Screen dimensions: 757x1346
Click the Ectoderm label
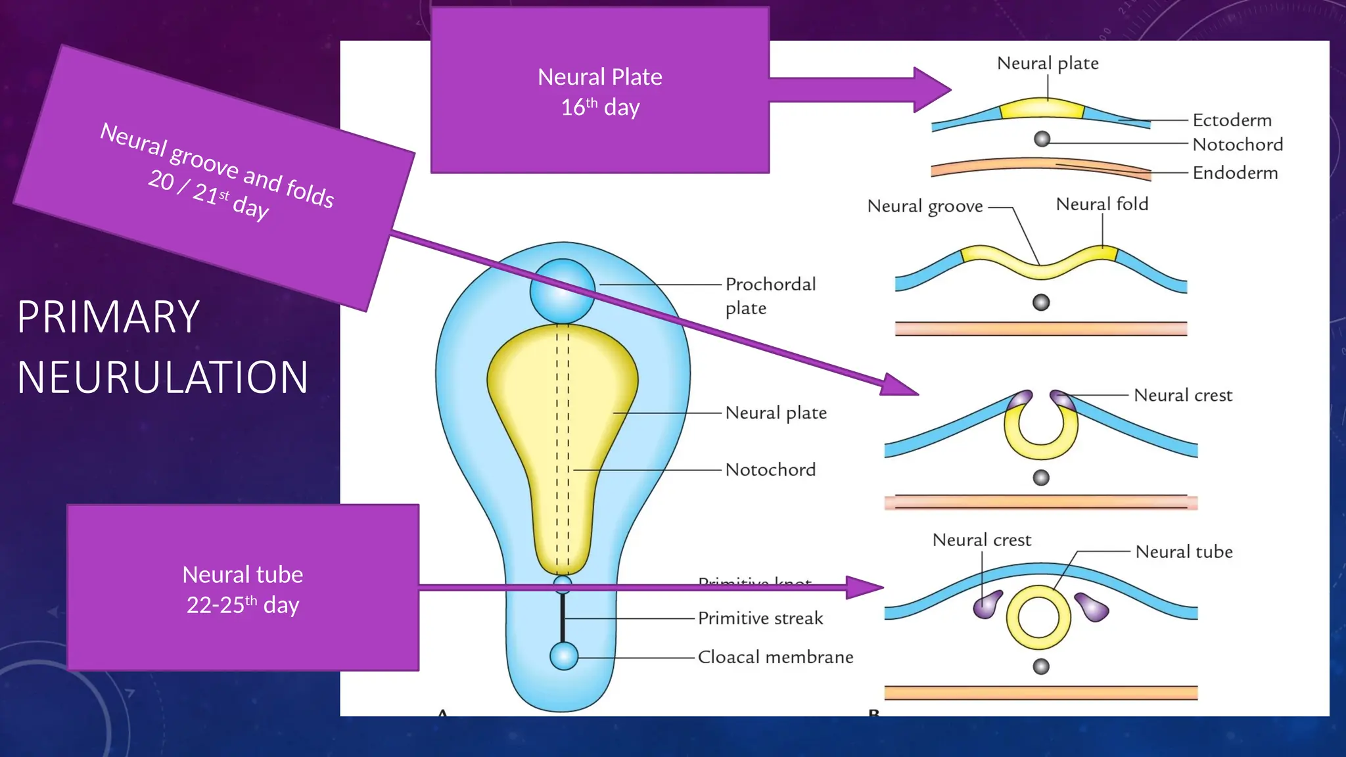coord(1232,120)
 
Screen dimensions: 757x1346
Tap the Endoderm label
coord(1235,173)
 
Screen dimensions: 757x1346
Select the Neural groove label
coord(924,206)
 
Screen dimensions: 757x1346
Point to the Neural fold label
coord(1102,204)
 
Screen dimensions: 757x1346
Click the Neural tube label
coord(1184,552)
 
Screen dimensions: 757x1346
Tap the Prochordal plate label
coord(770,296)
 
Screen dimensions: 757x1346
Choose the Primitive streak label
coord(760,618)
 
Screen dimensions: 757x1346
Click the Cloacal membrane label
coord(775,657)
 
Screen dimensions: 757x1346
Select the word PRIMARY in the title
coord(108,317)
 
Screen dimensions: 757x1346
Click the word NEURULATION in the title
coord(162,378)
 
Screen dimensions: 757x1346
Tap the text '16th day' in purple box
coord(599,107)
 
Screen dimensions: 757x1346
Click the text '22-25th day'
coord(243,605)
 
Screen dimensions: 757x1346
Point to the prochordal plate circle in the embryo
coord(563,291)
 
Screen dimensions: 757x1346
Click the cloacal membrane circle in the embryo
coord(563,656)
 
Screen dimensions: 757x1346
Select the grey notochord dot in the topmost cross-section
coord(1042,139)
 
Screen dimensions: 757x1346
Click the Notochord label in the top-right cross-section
coord(1237,145)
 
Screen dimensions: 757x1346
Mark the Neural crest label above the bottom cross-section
coord(981,540)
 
